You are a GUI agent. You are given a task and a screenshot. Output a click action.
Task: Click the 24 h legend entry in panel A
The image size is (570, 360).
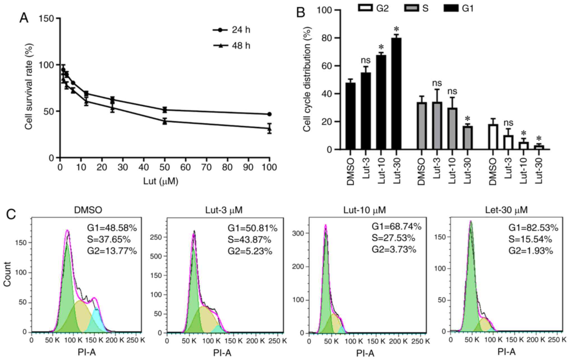[231, 30]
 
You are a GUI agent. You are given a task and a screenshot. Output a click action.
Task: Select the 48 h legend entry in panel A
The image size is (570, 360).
[231, 45]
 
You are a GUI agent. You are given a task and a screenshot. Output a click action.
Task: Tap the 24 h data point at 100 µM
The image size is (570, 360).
[269, 114]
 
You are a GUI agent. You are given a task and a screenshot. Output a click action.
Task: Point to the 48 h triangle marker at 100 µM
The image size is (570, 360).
[269, 129]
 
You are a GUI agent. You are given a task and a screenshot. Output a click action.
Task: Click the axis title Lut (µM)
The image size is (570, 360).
[161, 182]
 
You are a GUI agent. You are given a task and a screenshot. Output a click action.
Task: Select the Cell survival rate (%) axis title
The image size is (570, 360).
[29, 86]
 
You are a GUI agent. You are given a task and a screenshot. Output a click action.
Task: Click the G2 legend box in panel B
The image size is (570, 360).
[365, 8]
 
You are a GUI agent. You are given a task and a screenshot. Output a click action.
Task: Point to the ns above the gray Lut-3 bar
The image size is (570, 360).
[437, 83]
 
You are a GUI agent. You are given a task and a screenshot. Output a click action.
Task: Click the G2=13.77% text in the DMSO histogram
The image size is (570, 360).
[112, 251]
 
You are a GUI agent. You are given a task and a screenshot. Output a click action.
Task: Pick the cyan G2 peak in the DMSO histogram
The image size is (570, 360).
[97, 320]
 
